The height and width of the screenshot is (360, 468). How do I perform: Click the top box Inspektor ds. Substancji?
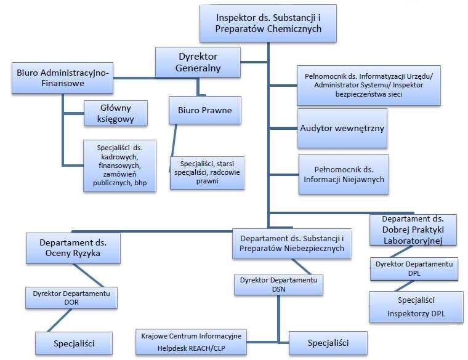tap(268, 23)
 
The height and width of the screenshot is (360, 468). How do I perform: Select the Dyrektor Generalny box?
tap(198, 62)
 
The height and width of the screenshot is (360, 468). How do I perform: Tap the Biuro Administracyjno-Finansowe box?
tap(62, 78)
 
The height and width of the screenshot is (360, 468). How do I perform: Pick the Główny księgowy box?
tap(116, 113)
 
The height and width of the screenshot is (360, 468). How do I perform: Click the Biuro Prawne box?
tap(204, 110)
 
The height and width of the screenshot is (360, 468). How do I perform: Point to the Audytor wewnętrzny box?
tap(342, 128)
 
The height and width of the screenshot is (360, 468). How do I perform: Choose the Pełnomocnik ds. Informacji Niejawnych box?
tap(344, 175)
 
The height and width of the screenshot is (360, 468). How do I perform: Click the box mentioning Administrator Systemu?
tap(369, 86)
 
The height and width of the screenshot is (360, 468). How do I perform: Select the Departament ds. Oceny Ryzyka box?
tap(73, 248)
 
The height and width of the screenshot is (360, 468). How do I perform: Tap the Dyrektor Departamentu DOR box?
tap(71, 298)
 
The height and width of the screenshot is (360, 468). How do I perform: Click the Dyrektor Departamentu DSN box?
tap(278, 284)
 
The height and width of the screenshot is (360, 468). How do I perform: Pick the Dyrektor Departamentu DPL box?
tap(414, 269)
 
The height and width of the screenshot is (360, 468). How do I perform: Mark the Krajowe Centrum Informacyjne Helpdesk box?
tap(191, 342)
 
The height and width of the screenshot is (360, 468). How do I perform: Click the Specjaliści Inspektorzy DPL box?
tap(416, 307)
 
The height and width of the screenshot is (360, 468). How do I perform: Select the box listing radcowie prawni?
tap(207, 173)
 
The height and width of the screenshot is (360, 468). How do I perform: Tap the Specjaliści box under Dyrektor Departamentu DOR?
tap(74, 343)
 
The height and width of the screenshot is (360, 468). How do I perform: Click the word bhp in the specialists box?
tap(140, 183)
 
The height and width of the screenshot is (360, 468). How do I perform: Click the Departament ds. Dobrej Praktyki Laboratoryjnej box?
tap(413, 230)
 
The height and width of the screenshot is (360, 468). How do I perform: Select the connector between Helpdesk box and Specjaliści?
tap(268, 342)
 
